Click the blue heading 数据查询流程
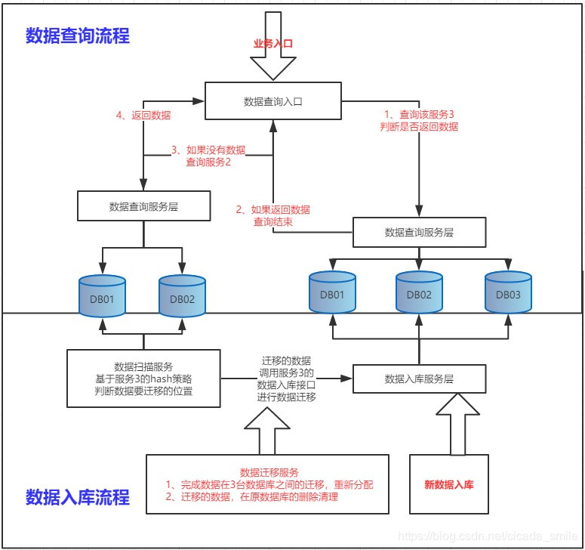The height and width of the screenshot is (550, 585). [78, 36]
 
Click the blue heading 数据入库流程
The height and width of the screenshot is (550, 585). [78, 496]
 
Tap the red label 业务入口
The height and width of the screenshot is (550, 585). [272, 44]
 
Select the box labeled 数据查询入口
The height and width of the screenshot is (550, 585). [272, 101]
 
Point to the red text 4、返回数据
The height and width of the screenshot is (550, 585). [143, 116]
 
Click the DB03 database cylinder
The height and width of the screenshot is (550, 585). [507, 293]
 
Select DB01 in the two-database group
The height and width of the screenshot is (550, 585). [103, 298]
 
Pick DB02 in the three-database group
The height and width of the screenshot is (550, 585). [419, 293]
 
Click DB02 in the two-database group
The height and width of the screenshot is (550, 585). [182, 298]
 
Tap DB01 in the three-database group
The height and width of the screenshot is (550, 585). [331, 293]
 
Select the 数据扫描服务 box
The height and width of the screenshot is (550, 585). [143, 379]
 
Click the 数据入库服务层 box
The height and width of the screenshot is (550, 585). [419, 379]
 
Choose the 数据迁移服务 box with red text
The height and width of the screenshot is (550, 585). [268, 484]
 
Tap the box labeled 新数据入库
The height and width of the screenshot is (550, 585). [448, 484]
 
